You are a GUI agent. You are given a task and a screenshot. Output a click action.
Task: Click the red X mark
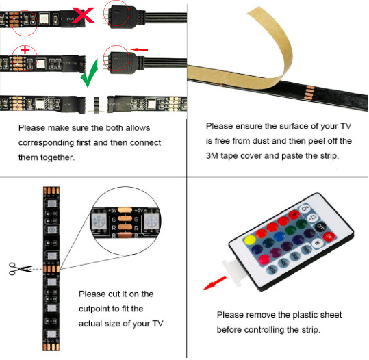[x=83, y=15]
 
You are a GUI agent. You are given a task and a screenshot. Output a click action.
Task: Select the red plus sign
[x=25, y=50]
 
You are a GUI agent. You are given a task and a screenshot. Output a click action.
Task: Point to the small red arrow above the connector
[x=139, y=49]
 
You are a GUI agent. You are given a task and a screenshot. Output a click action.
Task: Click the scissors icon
[x=20, y=269]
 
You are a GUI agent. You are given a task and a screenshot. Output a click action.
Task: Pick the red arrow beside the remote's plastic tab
[x=215, y=283]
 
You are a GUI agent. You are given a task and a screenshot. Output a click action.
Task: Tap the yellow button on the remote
[x=250, y=240]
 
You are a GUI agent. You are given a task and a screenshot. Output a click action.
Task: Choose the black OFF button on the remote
[x=320, y=227]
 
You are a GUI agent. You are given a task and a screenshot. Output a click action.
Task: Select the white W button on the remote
[x=318, y=242]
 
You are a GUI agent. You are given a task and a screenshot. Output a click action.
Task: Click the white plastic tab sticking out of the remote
[x=232, y=271]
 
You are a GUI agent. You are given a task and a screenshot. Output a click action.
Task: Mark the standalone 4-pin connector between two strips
[x=97, y=105]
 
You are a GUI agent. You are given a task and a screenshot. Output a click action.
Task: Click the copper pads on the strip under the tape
[x=309, y=92]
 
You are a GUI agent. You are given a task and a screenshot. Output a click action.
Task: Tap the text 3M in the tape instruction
[x=212, y=156]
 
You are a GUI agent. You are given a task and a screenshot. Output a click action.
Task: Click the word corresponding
[x=46, y=143]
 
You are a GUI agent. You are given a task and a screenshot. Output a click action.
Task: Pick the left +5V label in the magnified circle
[x=112, y=210]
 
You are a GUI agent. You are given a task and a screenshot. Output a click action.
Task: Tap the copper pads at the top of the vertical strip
[x=51, y=190]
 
